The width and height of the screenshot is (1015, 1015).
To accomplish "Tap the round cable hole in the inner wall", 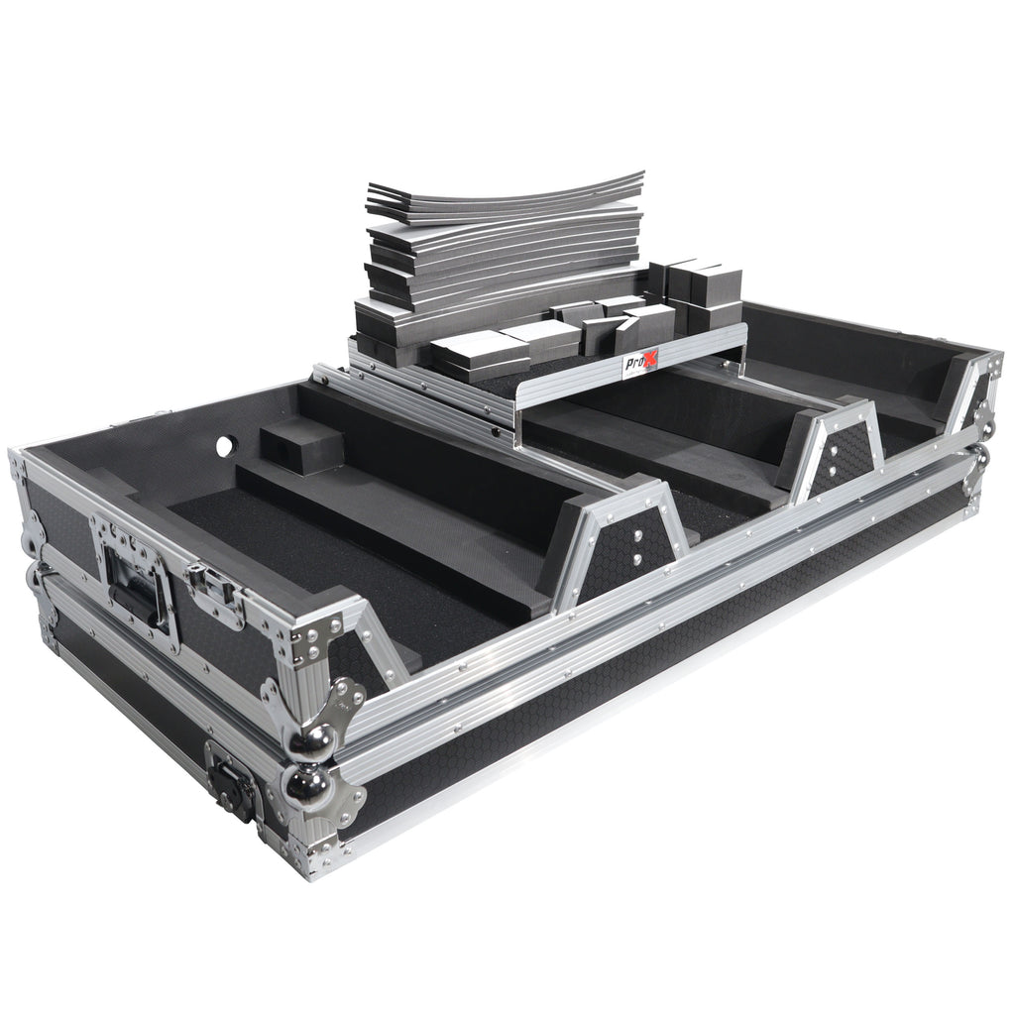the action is [x=224, y=446].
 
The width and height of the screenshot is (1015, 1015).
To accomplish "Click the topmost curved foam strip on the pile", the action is [x=505, y=189].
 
